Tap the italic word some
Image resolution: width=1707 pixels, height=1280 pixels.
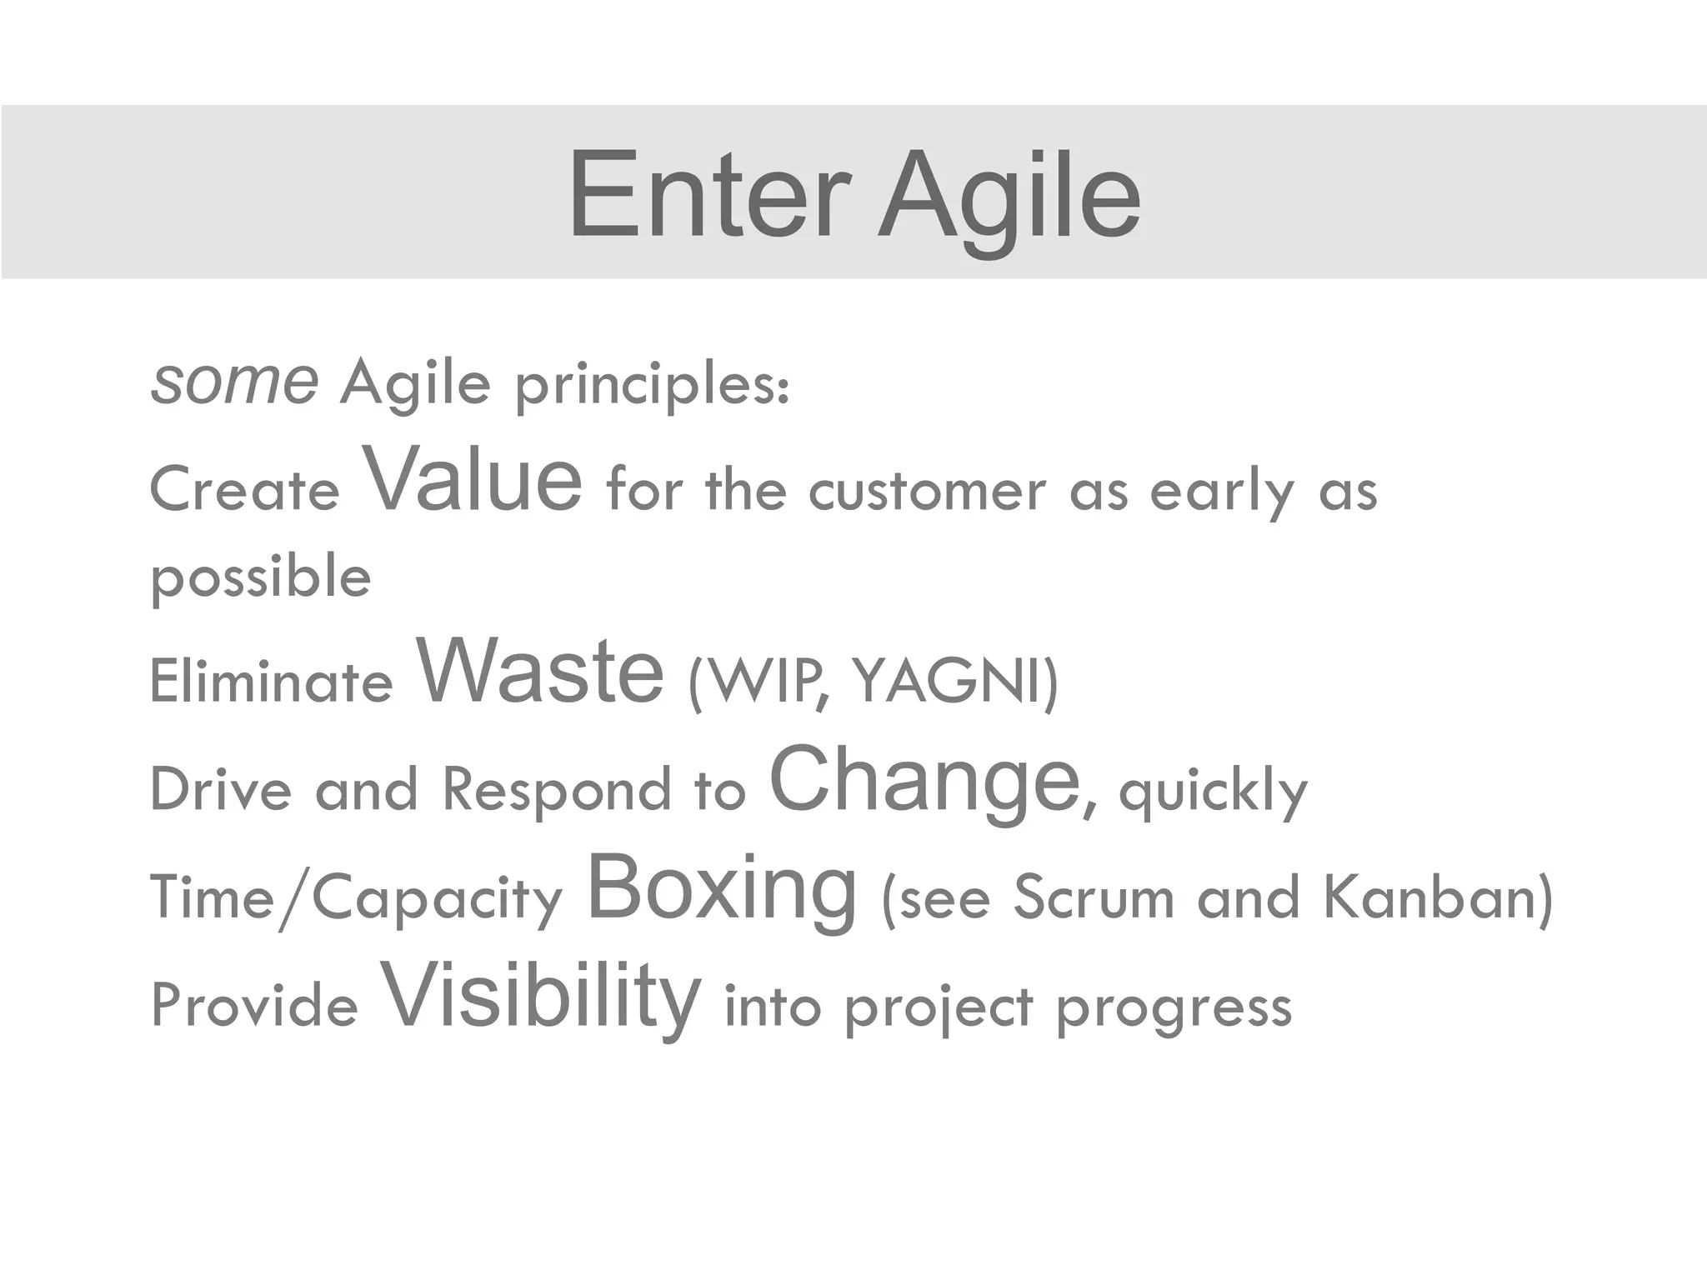click(x=234, y=382)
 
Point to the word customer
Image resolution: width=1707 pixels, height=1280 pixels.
click(x=927, y=492)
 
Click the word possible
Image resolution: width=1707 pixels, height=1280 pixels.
click(x=261, y=577)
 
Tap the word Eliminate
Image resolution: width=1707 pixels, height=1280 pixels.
click(x=271, y=681)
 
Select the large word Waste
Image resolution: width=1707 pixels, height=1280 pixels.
click(x=540, y=670)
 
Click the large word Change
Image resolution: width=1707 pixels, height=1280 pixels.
click(x=925, y=779)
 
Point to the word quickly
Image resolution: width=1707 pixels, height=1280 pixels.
click(x=1214, y=792)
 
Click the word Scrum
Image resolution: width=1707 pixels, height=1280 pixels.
click(x=1094, y=898)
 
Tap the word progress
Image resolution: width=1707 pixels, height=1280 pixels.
click(x=1174, y=1008)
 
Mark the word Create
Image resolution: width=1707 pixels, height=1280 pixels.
click(x=245, y=489)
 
